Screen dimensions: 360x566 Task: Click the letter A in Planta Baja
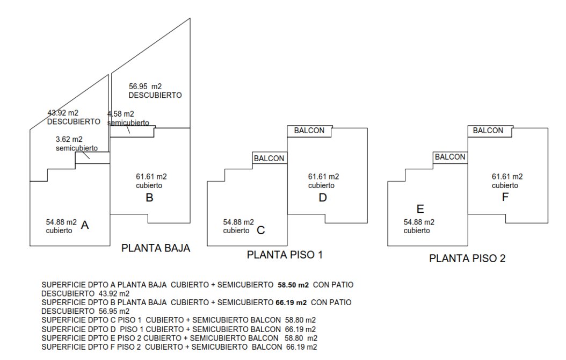point(84,227)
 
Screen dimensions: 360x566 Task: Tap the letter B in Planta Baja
point(150,198)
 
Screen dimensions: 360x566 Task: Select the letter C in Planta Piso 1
point(261,231)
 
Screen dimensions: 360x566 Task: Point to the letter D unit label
point(323,198)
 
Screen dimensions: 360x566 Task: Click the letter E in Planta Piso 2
point(420,209)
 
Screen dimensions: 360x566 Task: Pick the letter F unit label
point(505,197)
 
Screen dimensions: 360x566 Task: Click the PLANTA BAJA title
point(156,249)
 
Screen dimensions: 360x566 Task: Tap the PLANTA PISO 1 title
point(285,255)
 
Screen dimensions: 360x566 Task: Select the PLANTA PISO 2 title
point(467,259)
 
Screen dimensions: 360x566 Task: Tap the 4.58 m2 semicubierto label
point(121,114)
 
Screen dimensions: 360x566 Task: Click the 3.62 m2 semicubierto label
point(69,139)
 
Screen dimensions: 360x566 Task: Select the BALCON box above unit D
point(310,131)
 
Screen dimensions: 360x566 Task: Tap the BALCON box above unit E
point(450,157)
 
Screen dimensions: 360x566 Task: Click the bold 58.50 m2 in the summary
point(293,283)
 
